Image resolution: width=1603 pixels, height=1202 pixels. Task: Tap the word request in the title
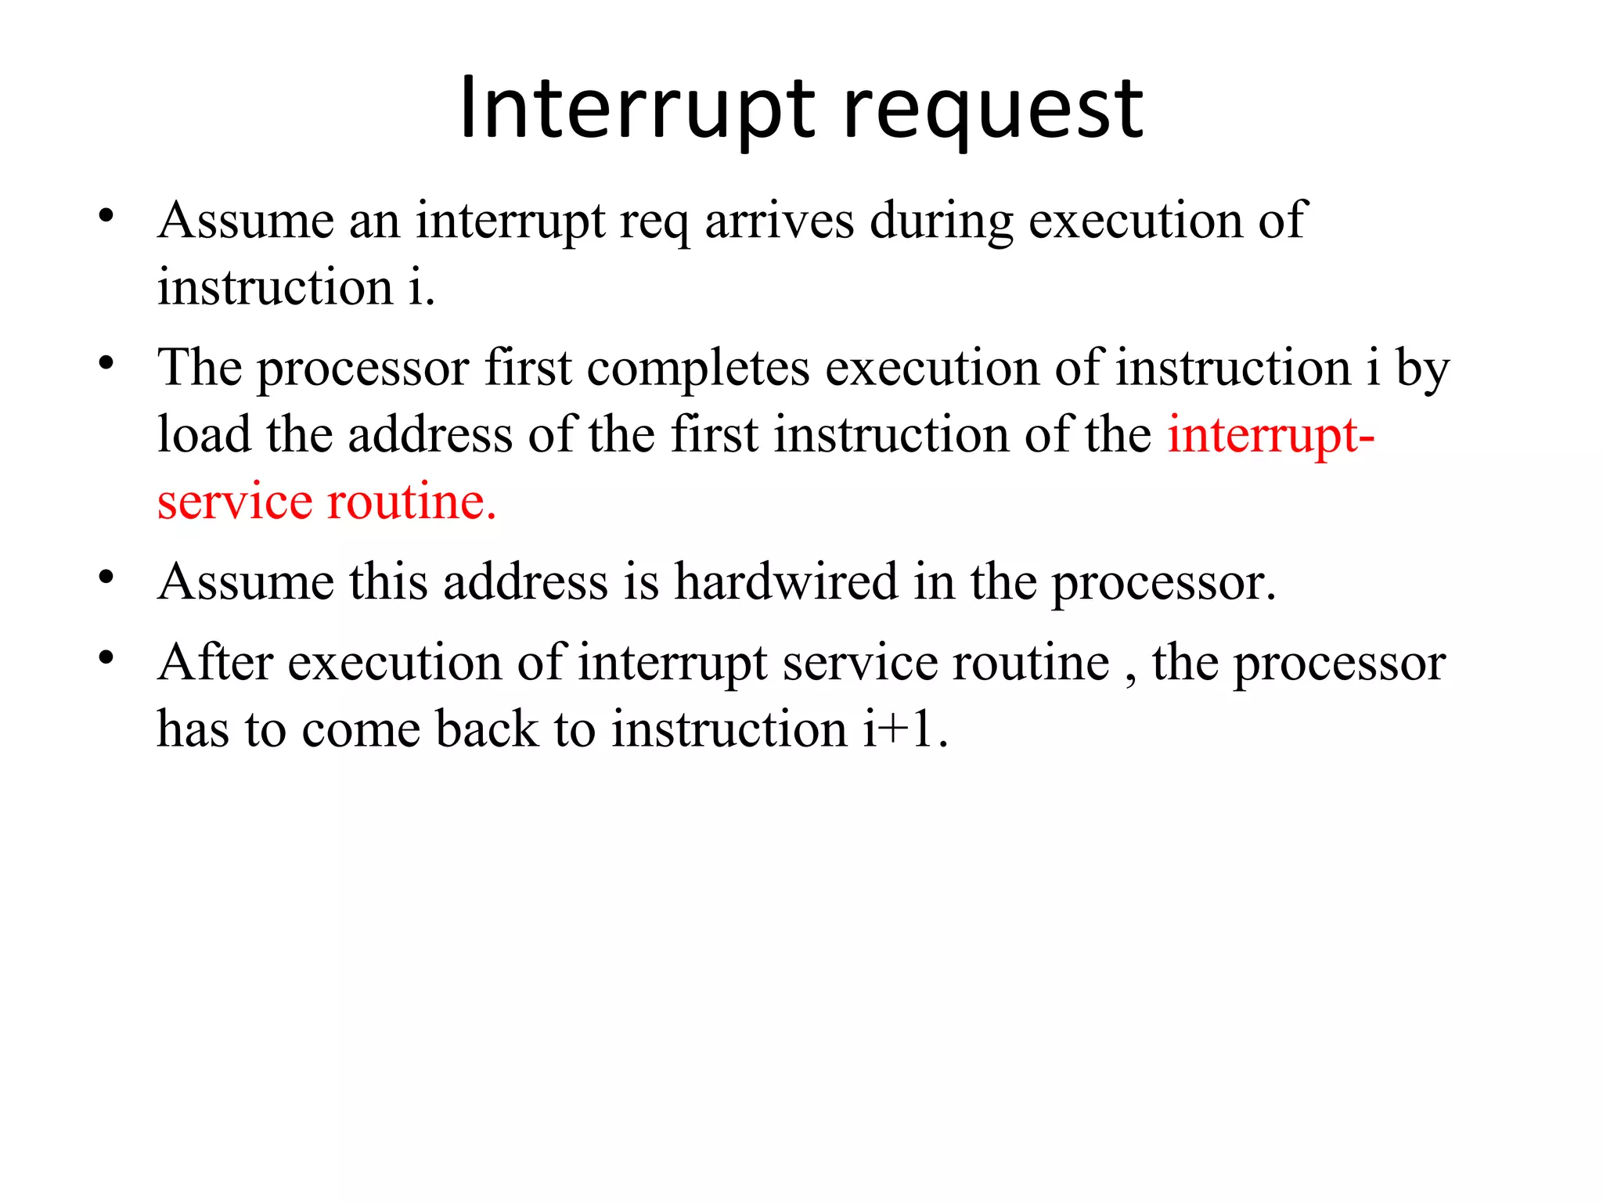993,113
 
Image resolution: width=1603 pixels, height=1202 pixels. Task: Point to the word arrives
779,221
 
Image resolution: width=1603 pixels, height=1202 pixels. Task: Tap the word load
204,434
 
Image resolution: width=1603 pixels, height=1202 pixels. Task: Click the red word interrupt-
1270,436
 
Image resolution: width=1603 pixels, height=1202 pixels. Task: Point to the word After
215,662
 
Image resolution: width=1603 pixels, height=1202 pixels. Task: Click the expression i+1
905,729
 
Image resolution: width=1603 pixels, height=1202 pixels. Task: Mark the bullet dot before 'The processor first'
107,363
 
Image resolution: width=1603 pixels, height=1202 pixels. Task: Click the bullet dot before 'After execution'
107,658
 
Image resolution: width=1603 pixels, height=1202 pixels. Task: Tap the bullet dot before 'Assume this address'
107,578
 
